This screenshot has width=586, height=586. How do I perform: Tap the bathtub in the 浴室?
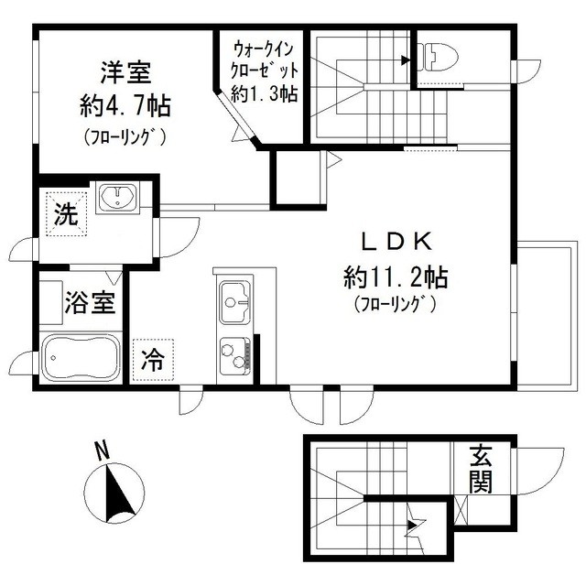(81, 357)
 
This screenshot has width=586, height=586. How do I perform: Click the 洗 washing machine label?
(66, 214)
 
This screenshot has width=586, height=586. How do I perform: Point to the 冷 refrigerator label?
(153, 360)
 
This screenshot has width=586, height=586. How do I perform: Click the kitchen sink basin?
(235, 303)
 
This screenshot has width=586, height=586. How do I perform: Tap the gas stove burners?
(234, 356)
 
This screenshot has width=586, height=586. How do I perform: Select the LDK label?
(396, 242)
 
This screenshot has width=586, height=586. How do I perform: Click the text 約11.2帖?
(396, 277)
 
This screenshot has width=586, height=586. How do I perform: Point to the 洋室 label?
(125, 72)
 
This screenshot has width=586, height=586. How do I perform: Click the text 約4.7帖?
(125, 106)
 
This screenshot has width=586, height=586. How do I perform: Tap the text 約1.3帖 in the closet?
(265, 93)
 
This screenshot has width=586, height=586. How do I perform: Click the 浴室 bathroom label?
(90, 302)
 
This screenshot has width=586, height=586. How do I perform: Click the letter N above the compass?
(102, 450)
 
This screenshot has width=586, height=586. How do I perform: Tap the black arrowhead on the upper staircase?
(406, 60)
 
